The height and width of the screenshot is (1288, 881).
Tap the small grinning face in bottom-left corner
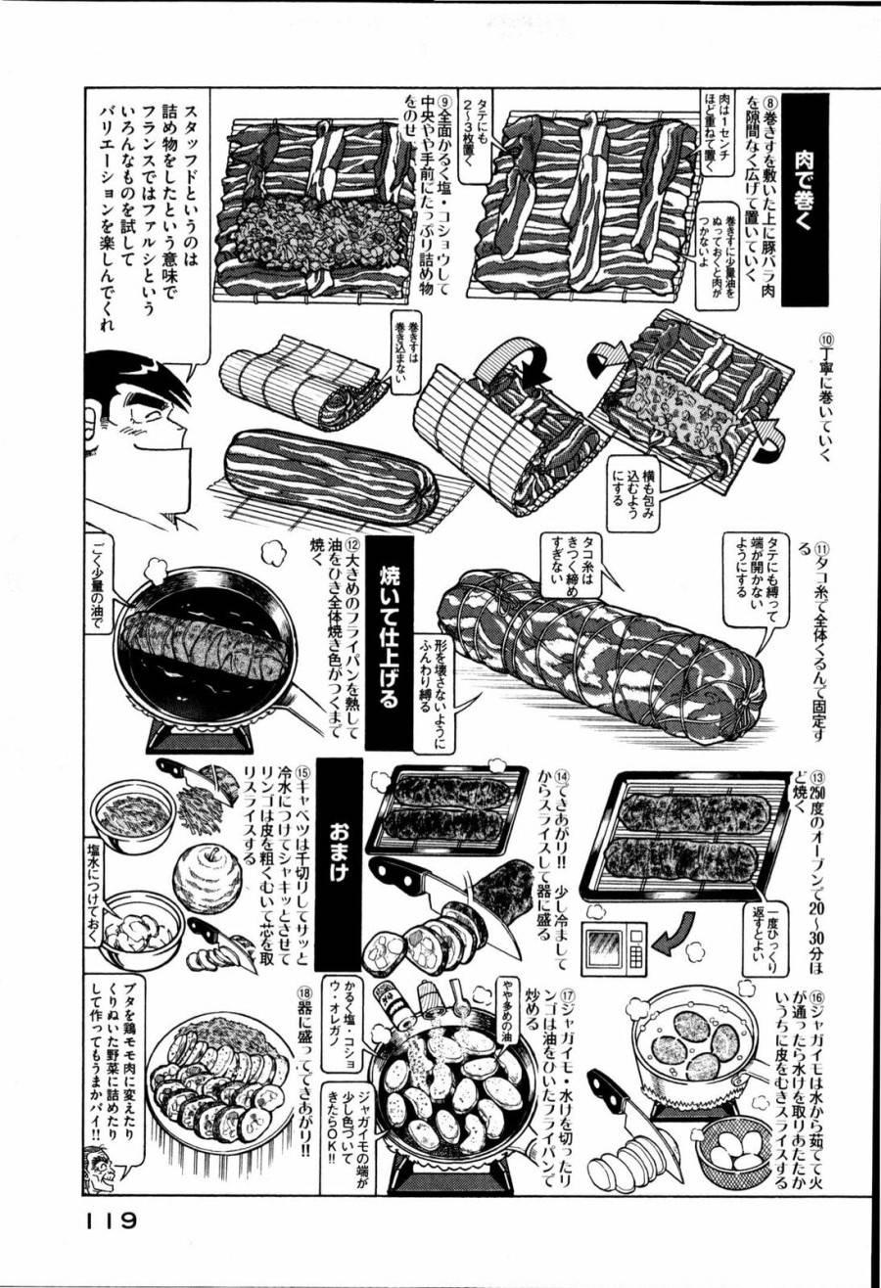(x=102, y=1169)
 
